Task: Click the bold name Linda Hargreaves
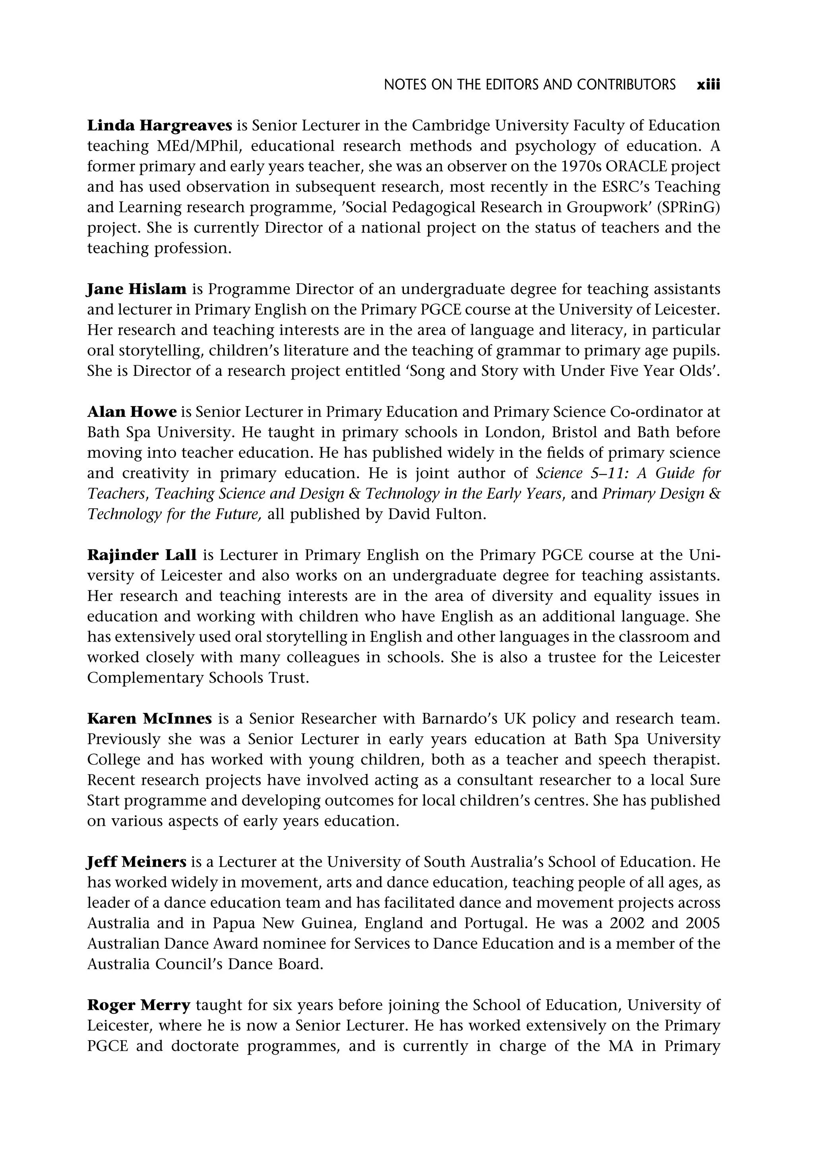click(x=159, y=125)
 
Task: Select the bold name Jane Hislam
click(x=137, y=290)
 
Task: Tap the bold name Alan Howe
click(x=132, y=412)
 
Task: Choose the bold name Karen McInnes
click(x=149, y=719)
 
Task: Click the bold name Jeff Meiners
click(x=137, y=862)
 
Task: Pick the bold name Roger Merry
click(x=139, y=1006)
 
